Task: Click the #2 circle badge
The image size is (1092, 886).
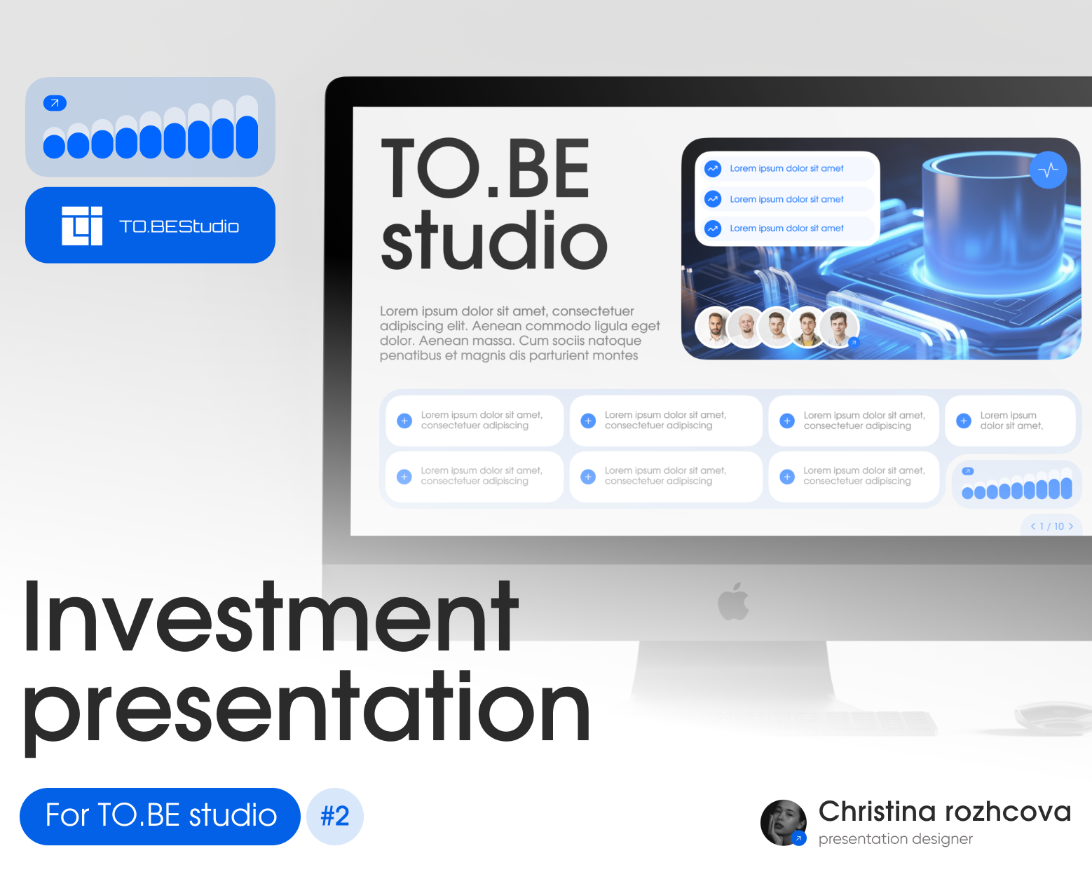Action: [335, 817]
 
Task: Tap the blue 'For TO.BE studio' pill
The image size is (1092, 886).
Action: [160, 817]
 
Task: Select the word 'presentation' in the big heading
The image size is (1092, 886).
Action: [306, 710]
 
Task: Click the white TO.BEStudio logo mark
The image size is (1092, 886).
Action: [82, 226]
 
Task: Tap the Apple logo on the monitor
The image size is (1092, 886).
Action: [733, 601]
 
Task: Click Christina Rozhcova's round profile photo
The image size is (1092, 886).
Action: [784, 822]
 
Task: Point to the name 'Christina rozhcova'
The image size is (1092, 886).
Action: [944, 812]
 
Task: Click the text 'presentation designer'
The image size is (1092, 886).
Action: [895, 839]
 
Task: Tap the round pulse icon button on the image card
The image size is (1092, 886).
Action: [1049, 170]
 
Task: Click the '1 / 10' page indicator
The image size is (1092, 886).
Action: [1051, 526]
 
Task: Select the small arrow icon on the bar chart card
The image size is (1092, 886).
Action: [55, 103]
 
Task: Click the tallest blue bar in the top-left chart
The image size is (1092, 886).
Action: [247, 137]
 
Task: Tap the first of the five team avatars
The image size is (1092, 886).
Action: [715, 327]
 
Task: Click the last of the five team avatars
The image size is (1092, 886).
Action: [839, 327]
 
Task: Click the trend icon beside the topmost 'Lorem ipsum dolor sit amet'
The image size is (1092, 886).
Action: [713, 169]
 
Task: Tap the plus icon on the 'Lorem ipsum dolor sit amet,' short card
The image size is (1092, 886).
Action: [963, 421]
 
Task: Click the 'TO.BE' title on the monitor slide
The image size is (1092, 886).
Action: [485, 168]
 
